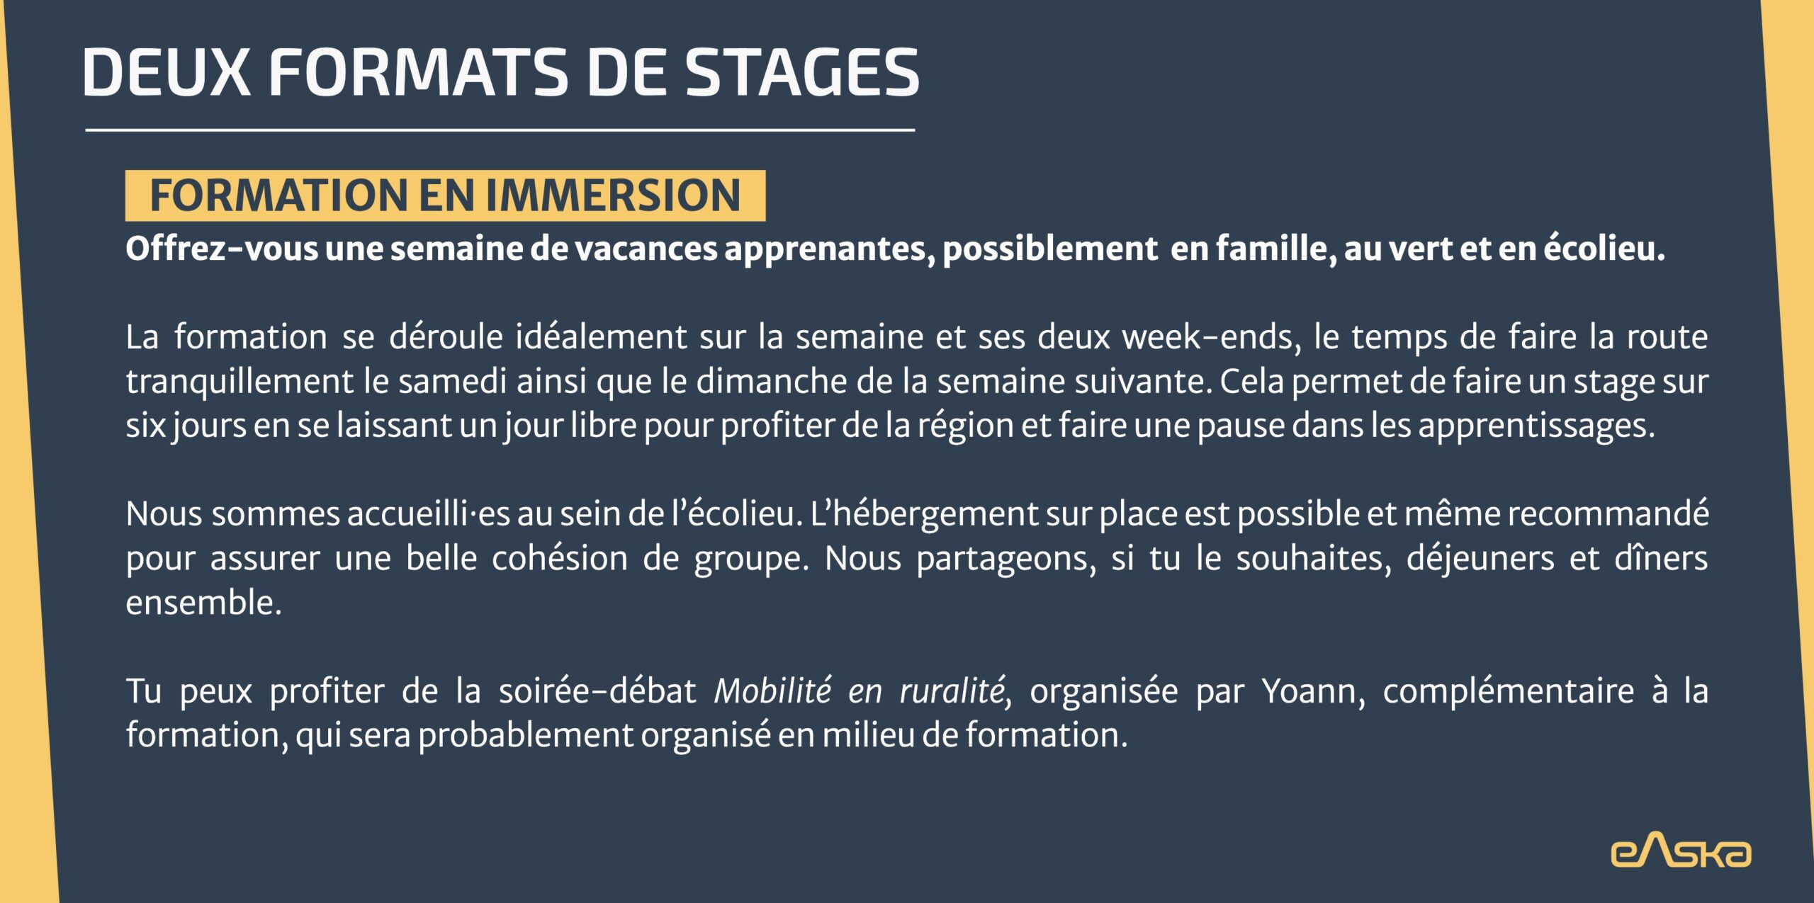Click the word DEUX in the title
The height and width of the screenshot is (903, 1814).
pos(167,72)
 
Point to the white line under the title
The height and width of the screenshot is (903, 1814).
pos(500,130)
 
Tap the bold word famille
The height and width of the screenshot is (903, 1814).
pos(1276,249)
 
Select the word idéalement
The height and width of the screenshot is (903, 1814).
pos(601,336)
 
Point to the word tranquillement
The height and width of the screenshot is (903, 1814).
pos(240,382)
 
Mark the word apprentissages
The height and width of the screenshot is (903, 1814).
pos(1536,426)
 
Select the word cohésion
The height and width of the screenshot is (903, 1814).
pos(560,558)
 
